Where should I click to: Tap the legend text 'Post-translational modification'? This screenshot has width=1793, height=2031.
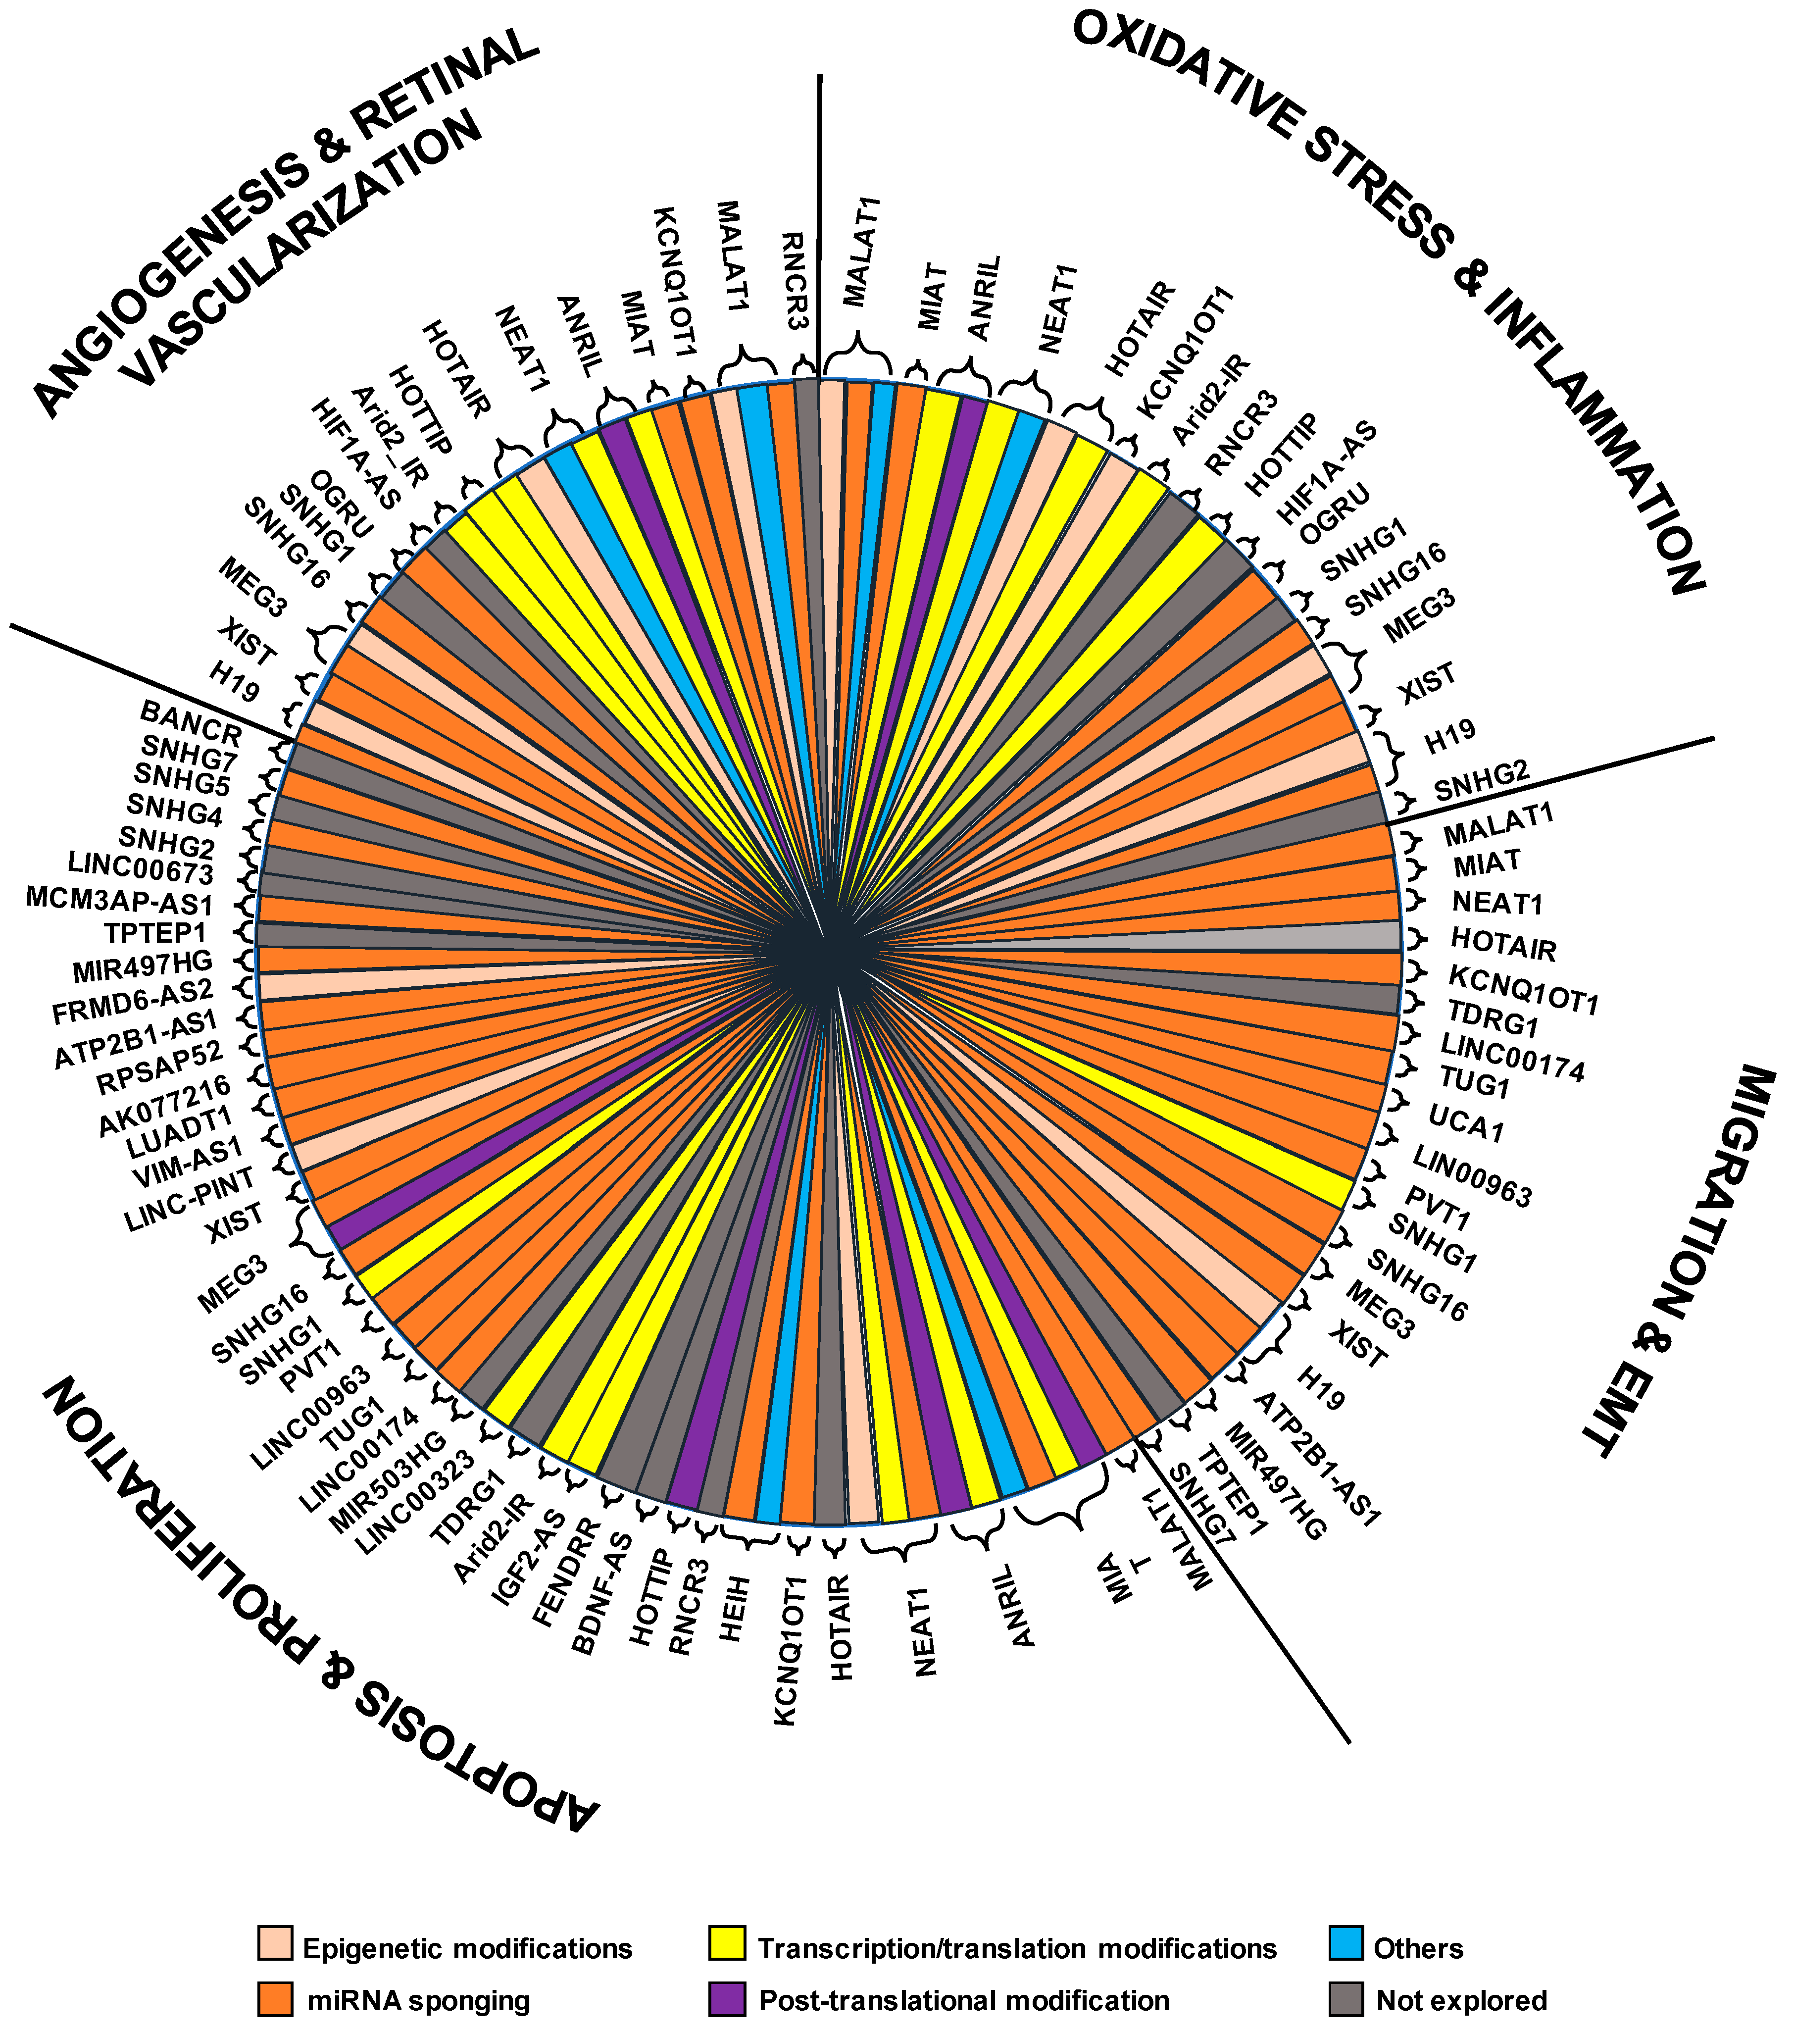(963, 2000)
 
